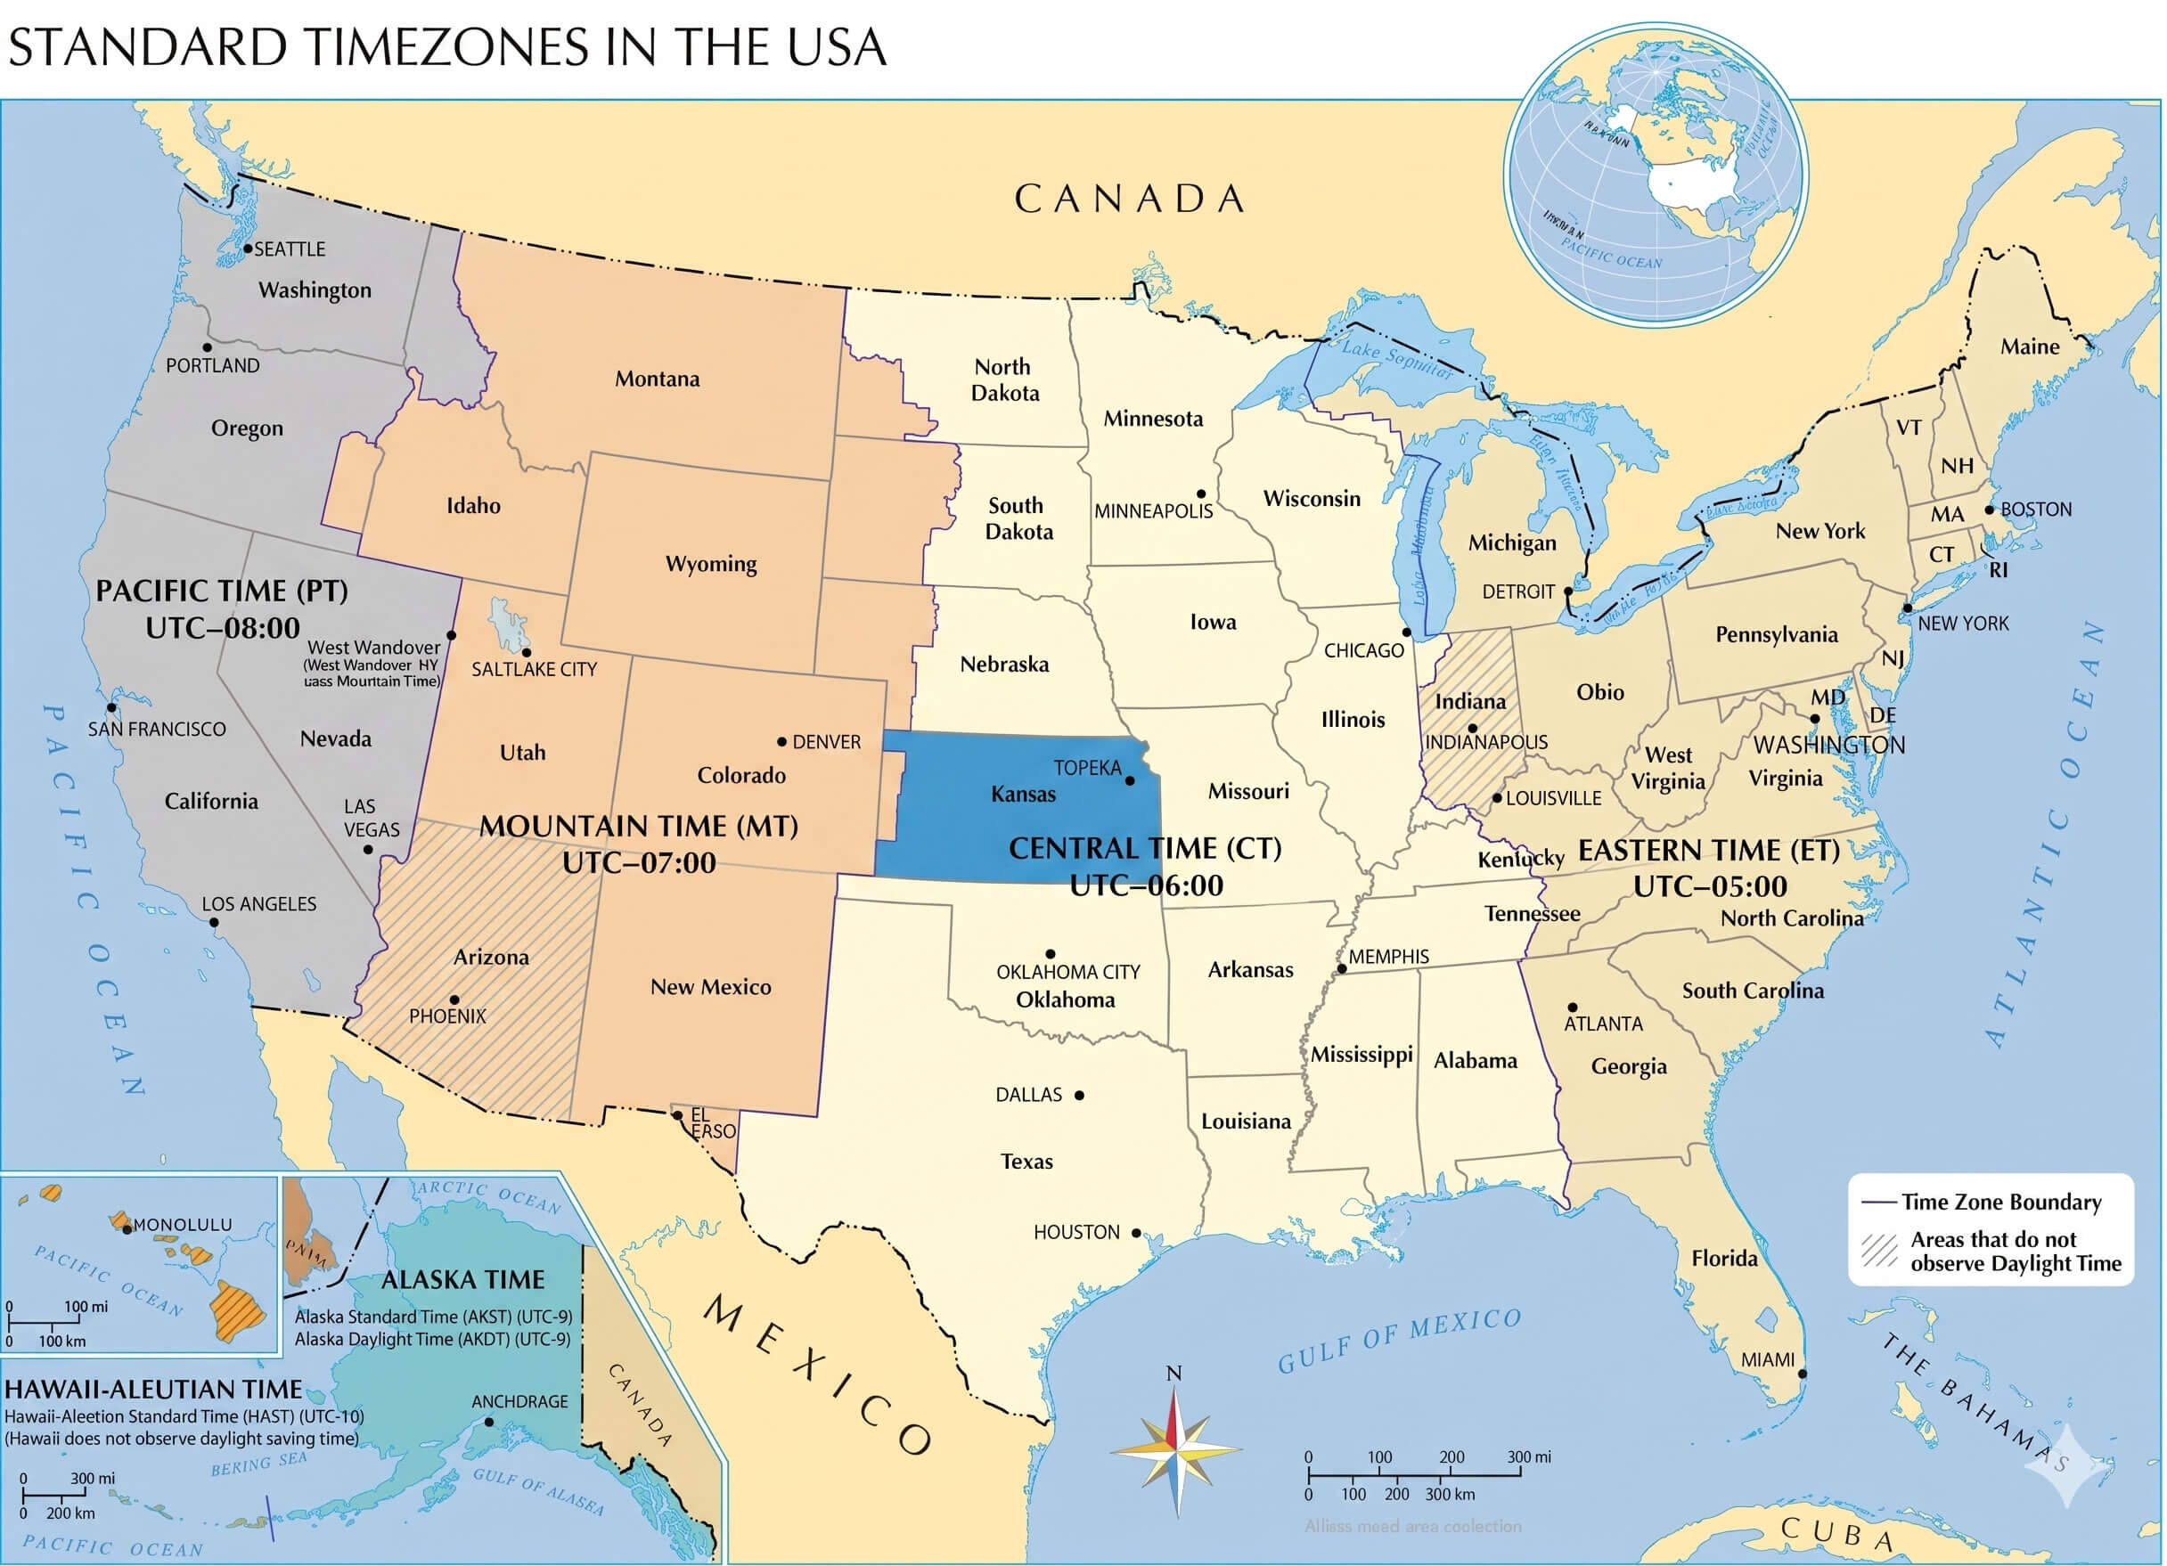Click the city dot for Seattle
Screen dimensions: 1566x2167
248,249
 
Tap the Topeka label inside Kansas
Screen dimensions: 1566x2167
1087,768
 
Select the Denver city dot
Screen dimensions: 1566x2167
781,741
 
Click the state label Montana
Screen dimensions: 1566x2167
657,379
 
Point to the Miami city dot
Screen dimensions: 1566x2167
1803,1374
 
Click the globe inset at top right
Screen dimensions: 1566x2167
1655,175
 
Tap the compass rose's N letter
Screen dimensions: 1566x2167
1174,1374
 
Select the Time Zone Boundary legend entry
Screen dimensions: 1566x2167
2000,1202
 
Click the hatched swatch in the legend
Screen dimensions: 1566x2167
1878,1251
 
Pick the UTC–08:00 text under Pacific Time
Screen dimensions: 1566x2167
223,629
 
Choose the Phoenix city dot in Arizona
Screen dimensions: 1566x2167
454,999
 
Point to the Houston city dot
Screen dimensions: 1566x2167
1136,1233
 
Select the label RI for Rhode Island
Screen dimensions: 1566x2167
1999,570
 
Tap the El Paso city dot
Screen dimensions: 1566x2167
676,1115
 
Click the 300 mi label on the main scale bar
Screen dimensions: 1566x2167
1529,1457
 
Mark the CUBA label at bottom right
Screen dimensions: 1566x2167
1836,1532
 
